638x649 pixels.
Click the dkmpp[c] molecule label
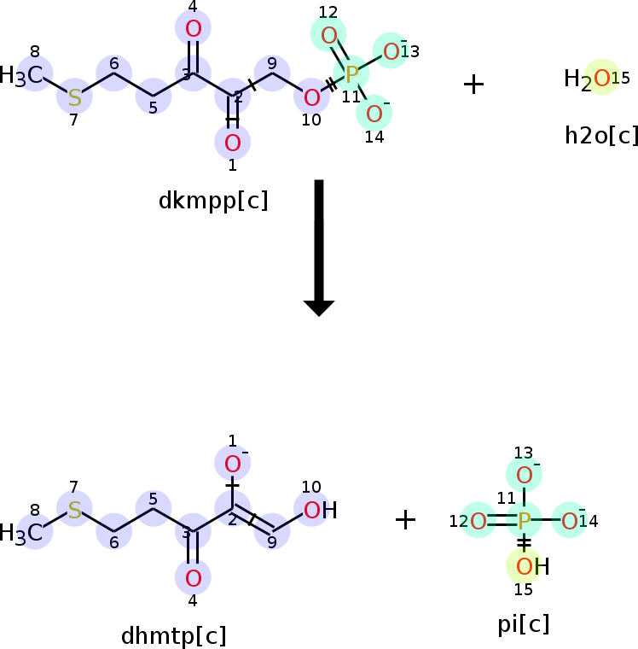[213, 201]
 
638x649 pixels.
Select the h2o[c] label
[601, 135]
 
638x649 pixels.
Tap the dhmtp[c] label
[174, 636]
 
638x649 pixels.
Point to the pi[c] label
[524, 624]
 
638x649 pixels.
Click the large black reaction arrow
[319, 248]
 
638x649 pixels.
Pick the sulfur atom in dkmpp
[74, 96]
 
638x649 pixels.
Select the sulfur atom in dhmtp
[74, 511]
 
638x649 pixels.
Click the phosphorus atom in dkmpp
[351, 73]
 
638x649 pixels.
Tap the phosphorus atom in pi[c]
[524, 519]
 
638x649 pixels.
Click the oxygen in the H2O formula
[601, 79]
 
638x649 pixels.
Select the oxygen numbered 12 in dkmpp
[329, 36]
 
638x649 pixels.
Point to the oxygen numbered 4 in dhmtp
[194, 577]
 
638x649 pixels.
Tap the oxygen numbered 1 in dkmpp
[232, 142]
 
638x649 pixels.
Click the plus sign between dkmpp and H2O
[473, 84]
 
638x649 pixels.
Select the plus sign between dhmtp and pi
[405, 519]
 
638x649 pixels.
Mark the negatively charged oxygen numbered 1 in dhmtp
[233, 465]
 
